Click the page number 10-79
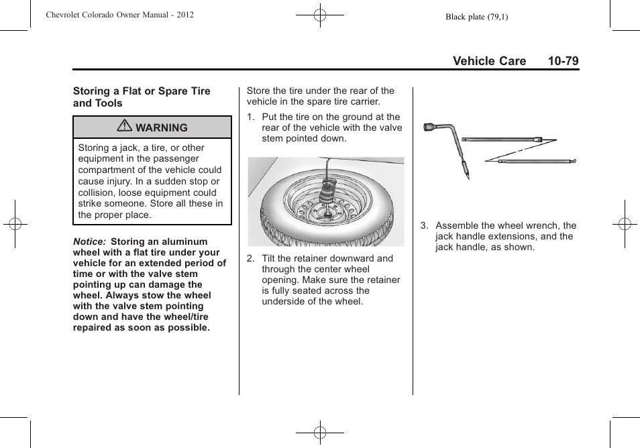pos(562,61)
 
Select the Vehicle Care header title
pos(489,61)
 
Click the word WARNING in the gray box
pos(162,127)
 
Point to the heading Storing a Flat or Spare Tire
pos(142,91)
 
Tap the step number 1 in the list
pos(250,117)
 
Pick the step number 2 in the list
pos(250,258)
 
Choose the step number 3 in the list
pos(424,226)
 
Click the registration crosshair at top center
pos(320,15)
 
